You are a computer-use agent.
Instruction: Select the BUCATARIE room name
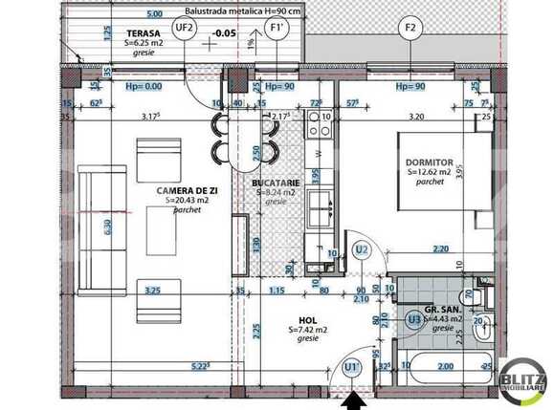[277, 183]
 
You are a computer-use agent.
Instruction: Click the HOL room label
[307, 320]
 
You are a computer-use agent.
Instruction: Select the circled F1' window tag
[278, 28]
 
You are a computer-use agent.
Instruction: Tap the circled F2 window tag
[411, 28]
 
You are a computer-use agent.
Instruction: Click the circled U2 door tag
[362, 249]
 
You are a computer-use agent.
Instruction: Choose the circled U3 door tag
[414, 320]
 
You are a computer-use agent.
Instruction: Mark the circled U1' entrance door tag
[352, 366]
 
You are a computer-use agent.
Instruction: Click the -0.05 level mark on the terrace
[226, 32]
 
